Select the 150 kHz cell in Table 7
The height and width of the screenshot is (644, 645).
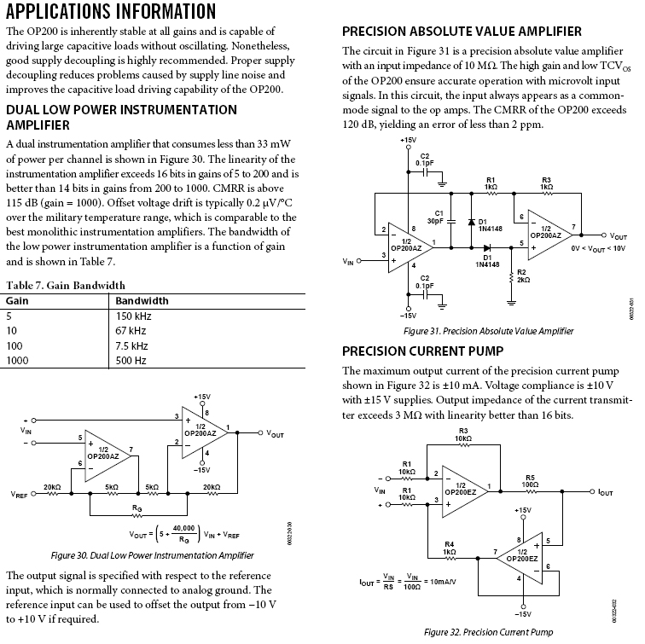coord(134,316)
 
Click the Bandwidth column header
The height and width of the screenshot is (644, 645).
coord(142,300)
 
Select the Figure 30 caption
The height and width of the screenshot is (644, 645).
coord(153,555)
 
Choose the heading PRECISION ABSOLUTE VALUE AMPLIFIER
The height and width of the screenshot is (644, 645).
coord(462,32)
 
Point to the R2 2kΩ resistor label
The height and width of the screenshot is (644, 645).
coord(522,275)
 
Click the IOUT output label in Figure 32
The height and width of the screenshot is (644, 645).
coord(605,492)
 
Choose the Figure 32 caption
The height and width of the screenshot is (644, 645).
coord(482,633)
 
